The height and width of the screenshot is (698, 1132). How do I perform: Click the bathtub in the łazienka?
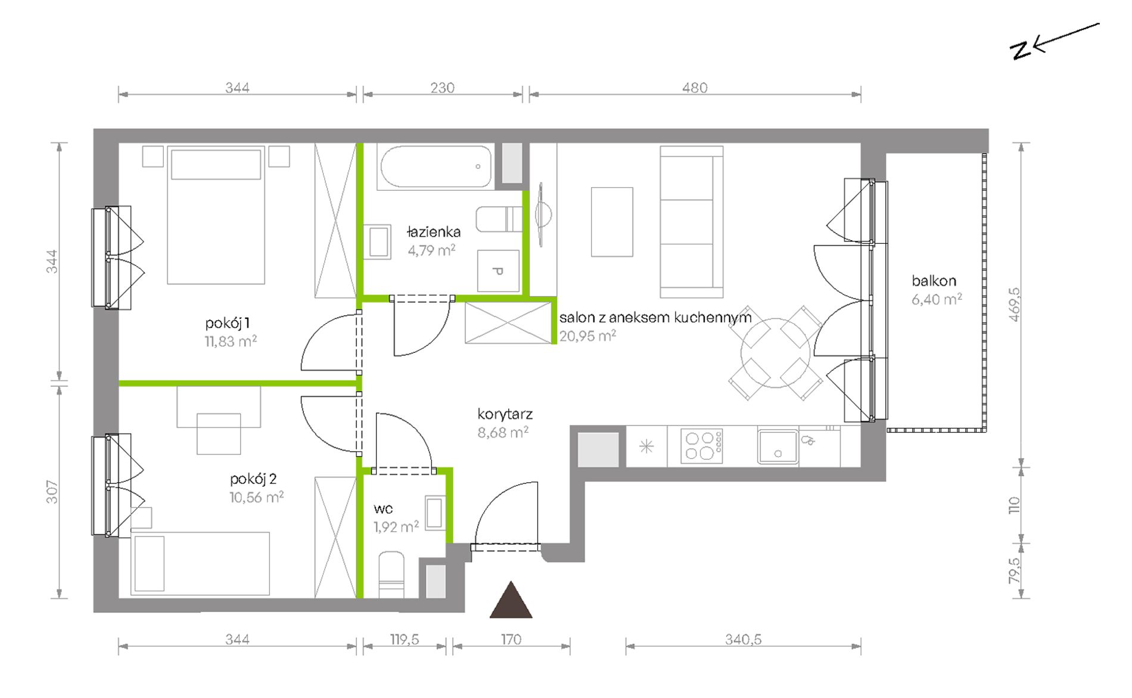coord(436,166)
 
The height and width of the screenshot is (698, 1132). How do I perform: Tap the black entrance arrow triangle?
coord(511,600)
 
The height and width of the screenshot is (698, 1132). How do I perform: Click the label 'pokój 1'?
coord(227,323)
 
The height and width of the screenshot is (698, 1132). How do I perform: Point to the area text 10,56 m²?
coord(256,497)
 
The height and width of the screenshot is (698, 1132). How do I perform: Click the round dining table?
coord(775,353)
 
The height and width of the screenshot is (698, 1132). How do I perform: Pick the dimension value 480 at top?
coord(695,88)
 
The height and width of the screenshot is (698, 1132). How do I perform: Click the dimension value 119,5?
coord(405,640)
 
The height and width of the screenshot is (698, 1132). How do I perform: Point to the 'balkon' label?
coord(934,281)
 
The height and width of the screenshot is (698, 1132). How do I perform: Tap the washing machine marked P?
coord(498,271)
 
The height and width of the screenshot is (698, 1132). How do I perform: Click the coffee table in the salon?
coord(612,222)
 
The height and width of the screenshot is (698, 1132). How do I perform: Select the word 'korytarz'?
coord(505,414)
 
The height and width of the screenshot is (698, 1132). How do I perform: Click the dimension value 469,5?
coord(1014,305)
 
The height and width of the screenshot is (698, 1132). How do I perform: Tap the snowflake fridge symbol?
coord(646,446)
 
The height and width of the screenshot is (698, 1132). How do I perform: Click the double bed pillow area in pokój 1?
coord(216,165)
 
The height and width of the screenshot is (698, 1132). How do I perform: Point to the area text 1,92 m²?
coord(396,526)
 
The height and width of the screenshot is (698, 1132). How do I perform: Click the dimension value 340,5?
coord(743,640)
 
